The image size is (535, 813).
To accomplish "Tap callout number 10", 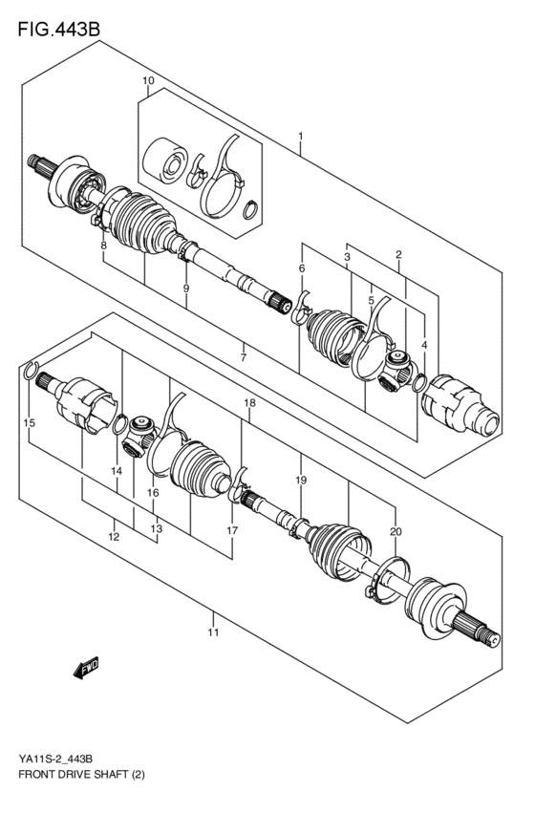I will pos(148,81).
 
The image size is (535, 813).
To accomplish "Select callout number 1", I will pos(300,138).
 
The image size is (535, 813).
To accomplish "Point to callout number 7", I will pos(244,357).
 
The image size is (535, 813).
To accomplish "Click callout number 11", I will pos(213,632).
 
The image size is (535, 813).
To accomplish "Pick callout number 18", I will pos(249,404).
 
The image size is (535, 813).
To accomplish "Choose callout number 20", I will pos(396,531).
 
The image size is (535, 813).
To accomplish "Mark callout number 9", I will pos(186,289).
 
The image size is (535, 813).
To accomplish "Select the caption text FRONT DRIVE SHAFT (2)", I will pos(75,771).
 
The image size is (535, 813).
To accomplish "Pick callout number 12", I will pos(114,538).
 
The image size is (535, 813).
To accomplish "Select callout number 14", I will pos(117,471).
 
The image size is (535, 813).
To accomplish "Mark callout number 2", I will pos(397,254).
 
